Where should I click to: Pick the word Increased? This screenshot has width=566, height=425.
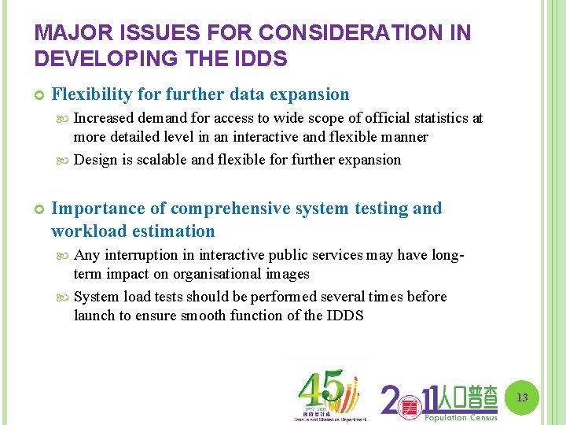105,118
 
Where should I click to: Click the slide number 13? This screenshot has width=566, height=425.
522,398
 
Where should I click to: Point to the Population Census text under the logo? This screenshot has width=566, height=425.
461,417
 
